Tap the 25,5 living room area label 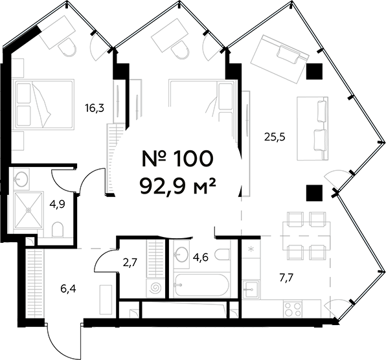pos(275,136)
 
